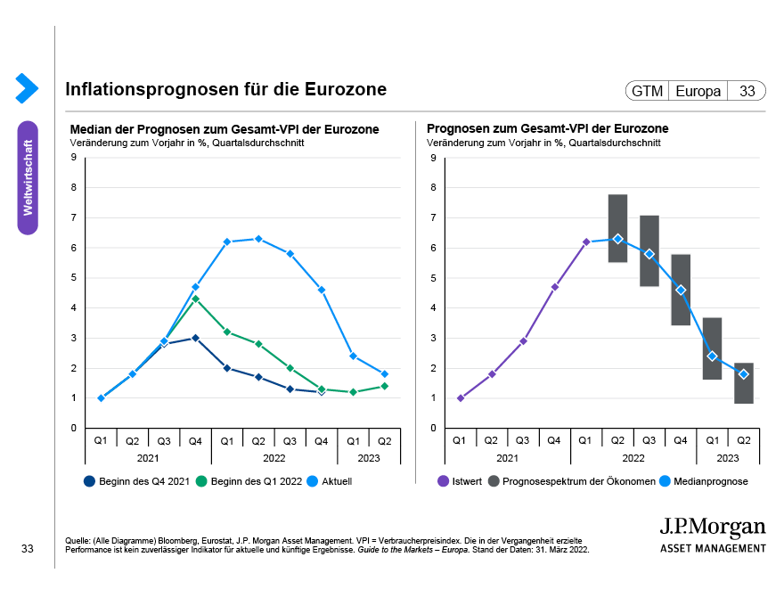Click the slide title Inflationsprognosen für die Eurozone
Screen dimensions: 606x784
[225, 90]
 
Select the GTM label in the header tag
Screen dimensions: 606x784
[647, 91]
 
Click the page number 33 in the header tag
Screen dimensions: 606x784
[747, 91]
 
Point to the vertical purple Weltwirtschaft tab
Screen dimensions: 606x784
[28, 177]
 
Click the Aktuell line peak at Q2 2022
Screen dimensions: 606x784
[258, 239]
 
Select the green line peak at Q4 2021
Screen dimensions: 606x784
[195, 299]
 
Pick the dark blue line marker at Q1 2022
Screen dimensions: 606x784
[227, 368]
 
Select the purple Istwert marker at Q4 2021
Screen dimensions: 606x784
[554, 287]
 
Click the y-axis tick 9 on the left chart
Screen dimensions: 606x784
[73, 158]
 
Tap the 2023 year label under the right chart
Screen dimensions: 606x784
[728, 457]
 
